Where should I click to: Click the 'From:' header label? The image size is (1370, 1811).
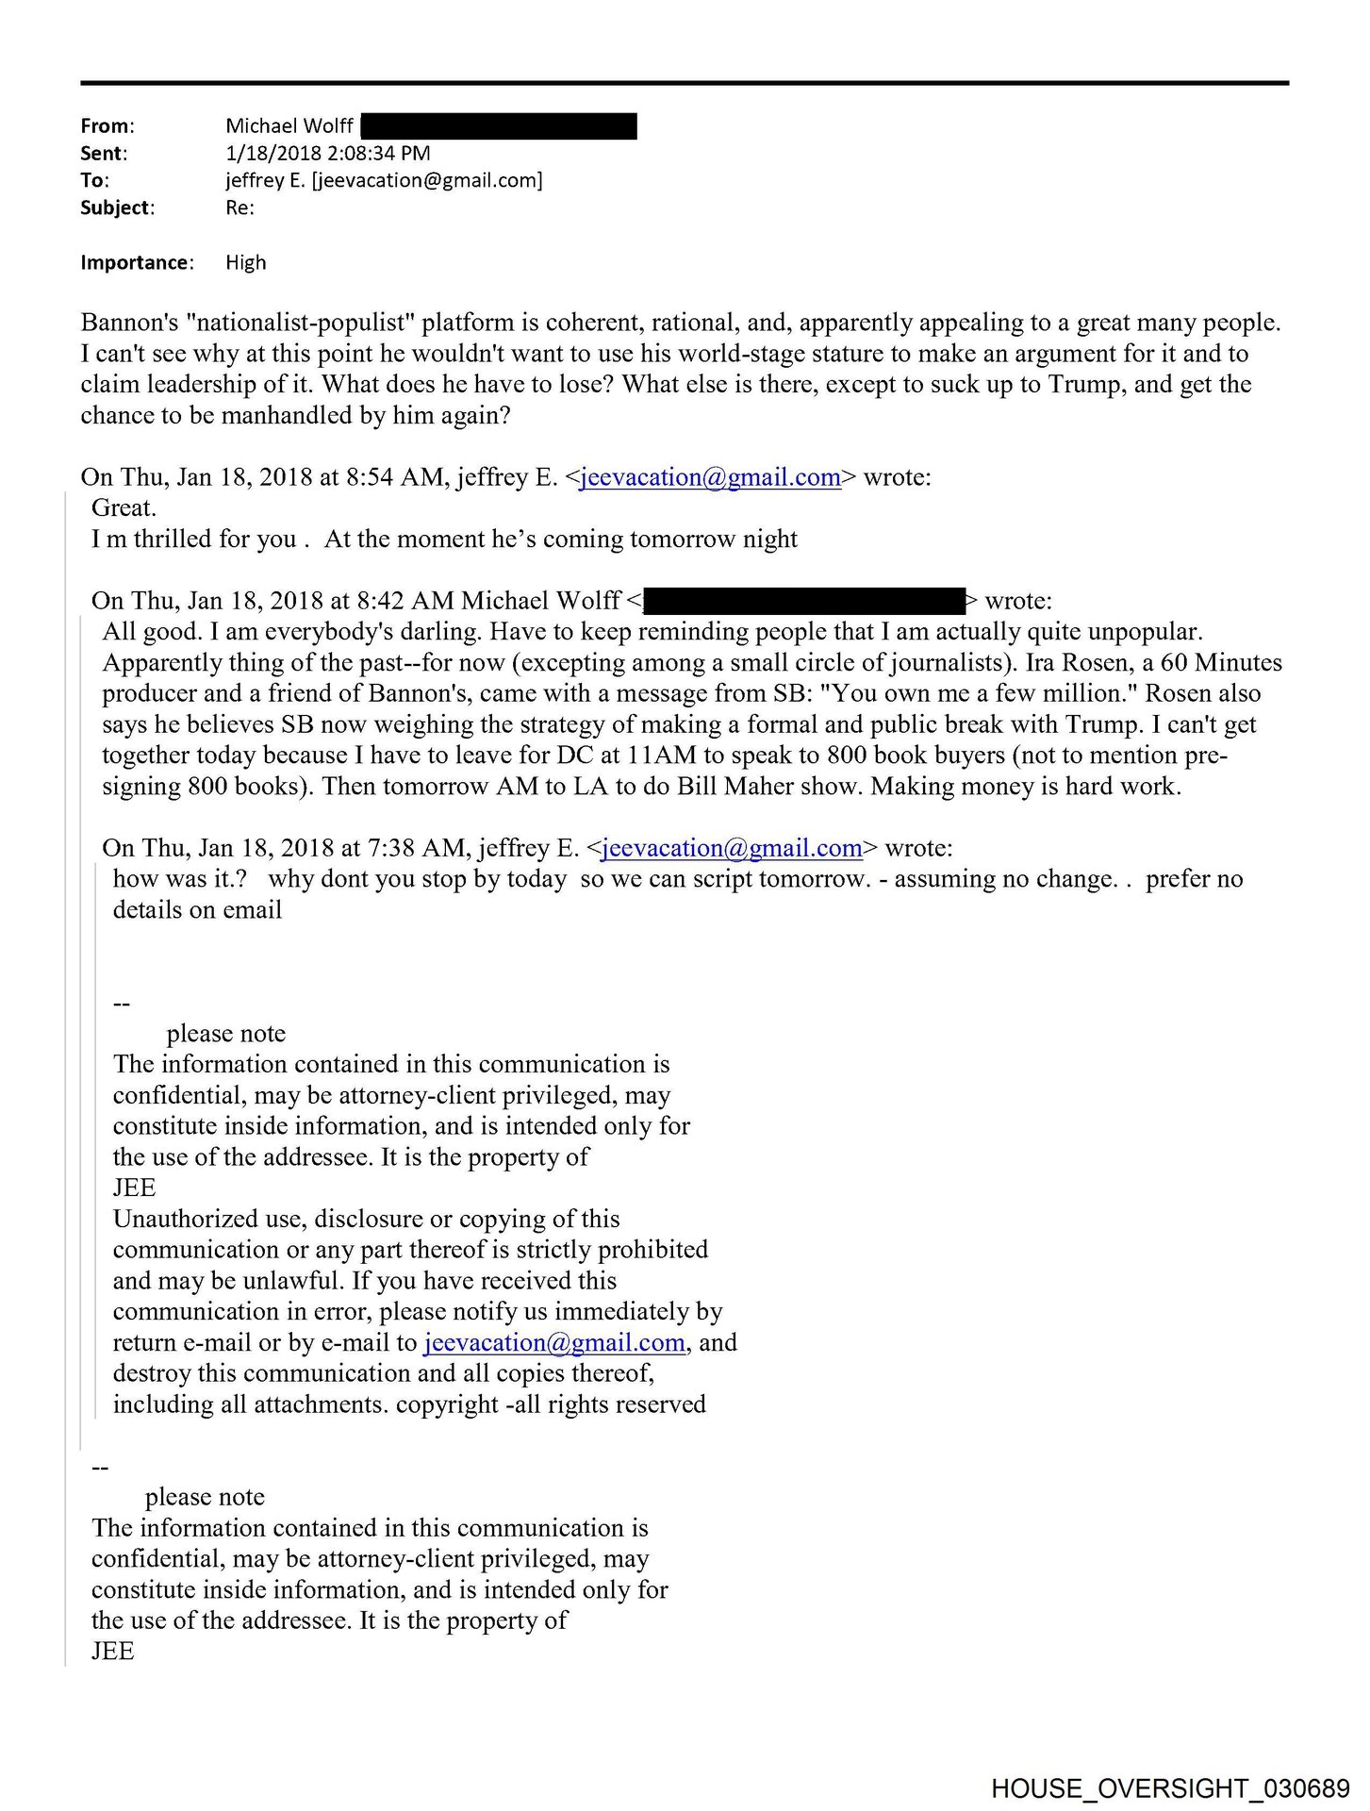(x=107, y=126)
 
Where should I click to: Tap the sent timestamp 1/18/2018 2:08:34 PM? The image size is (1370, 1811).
(x=327, y=154)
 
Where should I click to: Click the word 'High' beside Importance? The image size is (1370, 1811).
(x=245, y=263)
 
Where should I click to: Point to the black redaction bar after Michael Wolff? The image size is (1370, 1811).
(x=498, y=126)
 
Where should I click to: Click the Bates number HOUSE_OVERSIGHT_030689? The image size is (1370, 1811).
(x=1170, y=1788)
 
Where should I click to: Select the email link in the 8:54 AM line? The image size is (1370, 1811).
(x=710, y=478)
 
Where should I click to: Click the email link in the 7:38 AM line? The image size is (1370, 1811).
(x=732, y=849)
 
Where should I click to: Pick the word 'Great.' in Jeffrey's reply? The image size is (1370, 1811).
(x=124, y=508)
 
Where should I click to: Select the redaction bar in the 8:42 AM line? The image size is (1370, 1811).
(x=805, y=602)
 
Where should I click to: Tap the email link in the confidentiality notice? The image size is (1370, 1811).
(x=554, y=1343)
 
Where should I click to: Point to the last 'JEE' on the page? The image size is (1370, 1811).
(x=113, y=1652)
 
